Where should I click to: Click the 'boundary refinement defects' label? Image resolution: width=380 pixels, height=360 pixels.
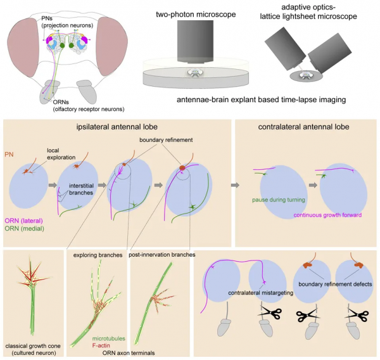(x=335, y=285)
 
